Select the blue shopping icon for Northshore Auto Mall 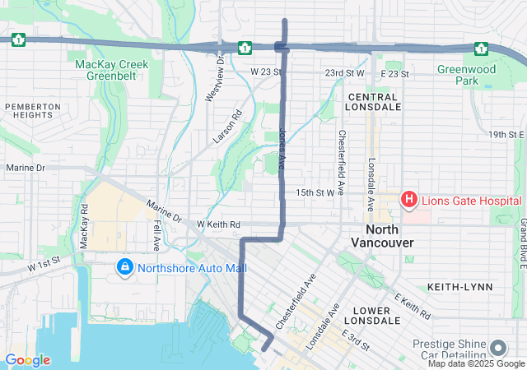click(x=125, y=267)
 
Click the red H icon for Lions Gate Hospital click(x=408, y=199)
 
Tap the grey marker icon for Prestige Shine click(x=497, y=347)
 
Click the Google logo click(x=27, y=360)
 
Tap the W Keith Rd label click(x=218, y=224)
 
